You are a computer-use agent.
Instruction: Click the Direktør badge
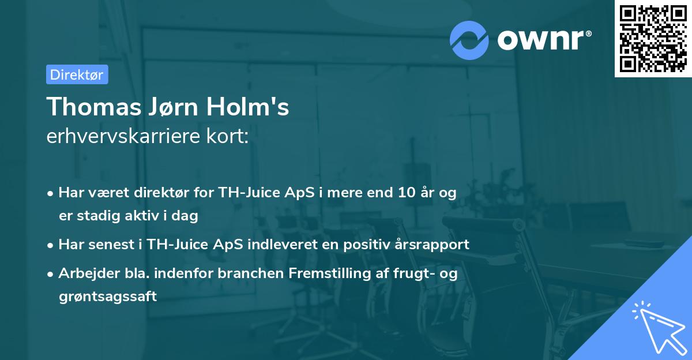pyautogui.click(x=77, y=74)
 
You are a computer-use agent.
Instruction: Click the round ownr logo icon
pyautogui.click(x=469, y=40)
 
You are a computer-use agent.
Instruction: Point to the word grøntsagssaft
pyautogui.click(x=107, y=297)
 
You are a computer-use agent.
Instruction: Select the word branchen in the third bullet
pyautogui.click(x=254, y=273)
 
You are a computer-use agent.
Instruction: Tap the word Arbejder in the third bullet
pyautogui.click(x=83, y=273)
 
